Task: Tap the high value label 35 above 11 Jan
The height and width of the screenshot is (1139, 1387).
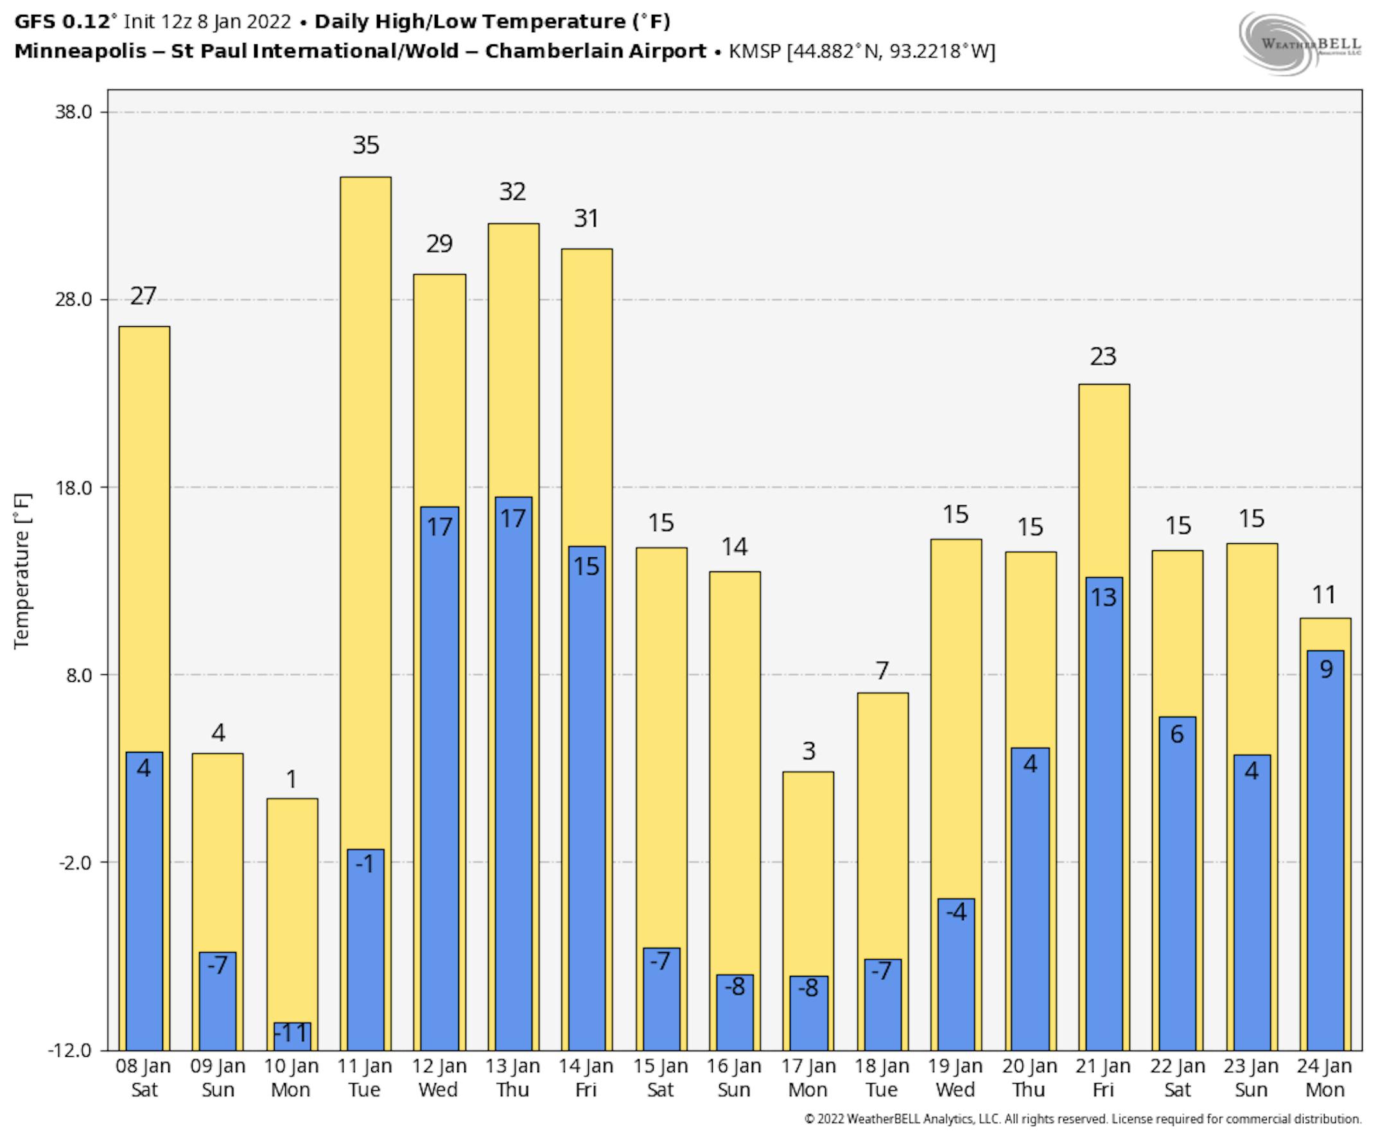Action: point(365,145)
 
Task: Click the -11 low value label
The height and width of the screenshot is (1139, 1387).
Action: point(291,1033)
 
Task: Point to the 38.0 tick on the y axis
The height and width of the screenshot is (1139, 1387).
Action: point(73,112)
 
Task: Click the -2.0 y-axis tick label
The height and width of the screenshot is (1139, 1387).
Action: point(74,862)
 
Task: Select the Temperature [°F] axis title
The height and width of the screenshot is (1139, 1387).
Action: point(22,571)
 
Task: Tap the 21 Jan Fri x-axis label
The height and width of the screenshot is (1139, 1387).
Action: point(1103,1078)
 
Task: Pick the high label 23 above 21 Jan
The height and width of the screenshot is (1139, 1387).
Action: point(1103,357)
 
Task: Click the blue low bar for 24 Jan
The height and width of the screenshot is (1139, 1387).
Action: point(1325,853)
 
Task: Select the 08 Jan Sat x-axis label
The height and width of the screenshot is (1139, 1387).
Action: point(143,1078)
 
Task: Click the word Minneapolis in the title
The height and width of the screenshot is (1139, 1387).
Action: point(80,51)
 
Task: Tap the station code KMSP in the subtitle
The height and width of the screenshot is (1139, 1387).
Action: point(755,51)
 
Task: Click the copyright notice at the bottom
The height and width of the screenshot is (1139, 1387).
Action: point(1083,1119)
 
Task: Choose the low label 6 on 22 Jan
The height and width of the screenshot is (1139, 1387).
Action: point(1176,734)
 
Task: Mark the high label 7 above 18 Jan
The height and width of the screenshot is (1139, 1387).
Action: point(882,670)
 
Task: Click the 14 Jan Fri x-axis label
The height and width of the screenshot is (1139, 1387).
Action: point(586,1078)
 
